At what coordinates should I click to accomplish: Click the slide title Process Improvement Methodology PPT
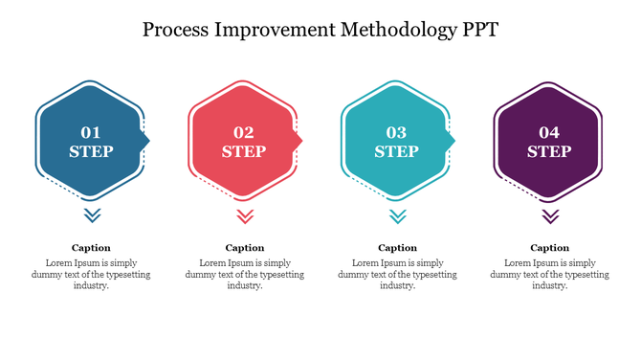[320, 29]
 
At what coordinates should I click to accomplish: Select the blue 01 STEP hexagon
[91, 141]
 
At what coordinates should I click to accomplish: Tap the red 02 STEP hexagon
[244, 141]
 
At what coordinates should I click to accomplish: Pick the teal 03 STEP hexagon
[396, 141]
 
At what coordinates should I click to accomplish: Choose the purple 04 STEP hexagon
[549, 141]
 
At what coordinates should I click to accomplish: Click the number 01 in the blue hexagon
[91, 132]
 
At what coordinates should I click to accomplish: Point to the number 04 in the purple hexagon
[549, 132]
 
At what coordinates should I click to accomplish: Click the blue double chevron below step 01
[92, 215]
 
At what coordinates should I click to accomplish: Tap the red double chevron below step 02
[245, 215]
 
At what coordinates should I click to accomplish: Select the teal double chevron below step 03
[397, 215]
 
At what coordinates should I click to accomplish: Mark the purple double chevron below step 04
[550, 215]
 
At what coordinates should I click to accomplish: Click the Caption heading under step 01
[92, 247]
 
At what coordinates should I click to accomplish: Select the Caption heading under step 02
[245, 247]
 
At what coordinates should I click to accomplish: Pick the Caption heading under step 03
[397, 247]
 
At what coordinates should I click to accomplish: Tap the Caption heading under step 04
[550, 247]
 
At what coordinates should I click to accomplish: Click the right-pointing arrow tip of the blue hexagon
[146, 141]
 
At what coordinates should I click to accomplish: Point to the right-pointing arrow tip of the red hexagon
[299, 141]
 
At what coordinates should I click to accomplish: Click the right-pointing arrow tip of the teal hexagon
[452, 141]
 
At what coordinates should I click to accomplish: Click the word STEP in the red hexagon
[244, 151]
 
